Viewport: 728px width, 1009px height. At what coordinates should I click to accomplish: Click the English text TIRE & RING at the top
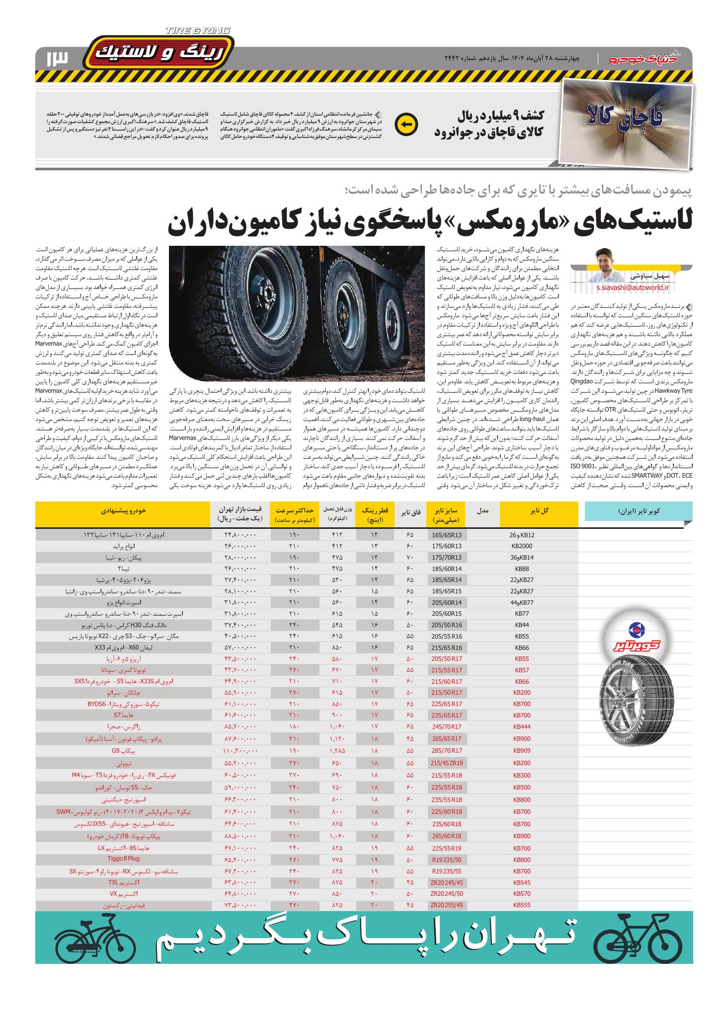point(198,31)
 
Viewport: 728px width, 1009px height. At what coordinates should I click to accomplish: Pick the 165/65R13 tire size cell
point(446,535)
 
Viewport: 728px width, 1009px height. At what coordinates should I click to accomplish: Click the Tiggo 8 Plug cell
point(123,858)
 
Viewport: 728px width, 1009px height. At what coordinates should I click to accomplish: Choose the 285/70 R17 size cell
point(446,751)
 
